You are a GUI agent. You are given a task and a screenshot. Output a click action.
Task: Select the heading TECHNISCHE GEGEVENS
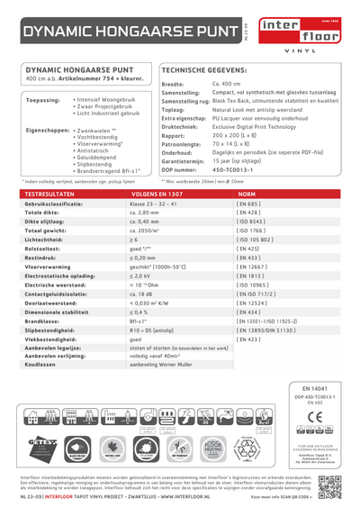click(205, 68)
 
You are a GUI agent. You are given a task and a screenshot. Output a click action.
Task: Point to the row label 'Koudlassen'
click(40, 389)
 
